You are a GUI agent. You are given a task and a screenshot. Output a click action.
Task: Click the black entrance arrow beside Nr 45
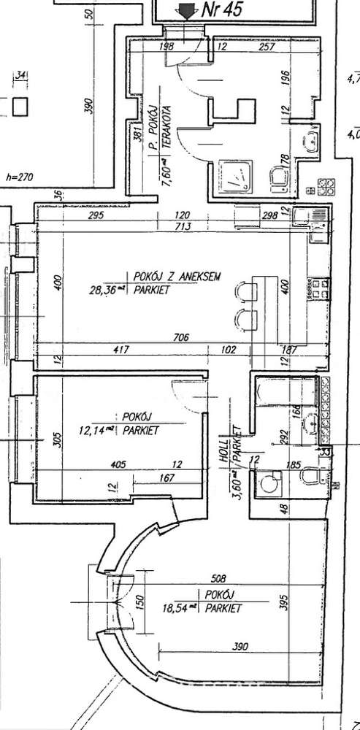187,10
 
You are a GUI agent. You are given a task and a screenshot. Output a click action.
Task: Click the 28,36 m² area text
107,290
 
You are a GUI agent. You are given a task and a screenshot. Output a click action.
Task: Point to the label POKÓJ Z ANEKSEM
177,277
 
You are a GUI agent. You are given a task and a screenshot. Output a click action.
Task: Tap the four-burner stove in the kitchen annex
325,187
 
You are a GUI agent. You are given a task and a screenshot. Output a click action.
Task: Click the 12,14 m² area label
99,431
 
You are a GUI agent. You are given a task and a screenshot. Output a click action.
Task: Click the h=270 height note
19,176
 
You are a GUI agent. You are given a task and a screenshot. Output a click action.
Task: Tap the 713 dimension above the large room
183,227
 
